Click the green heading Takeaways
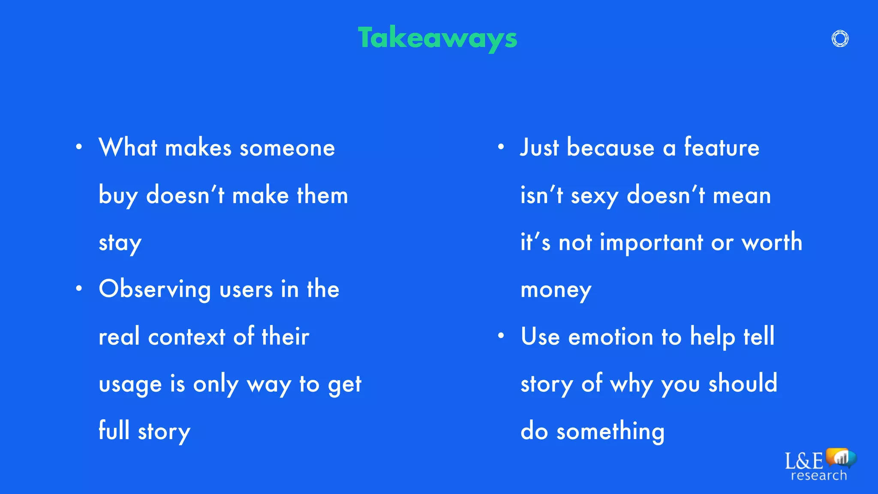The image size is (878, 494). [437, 39]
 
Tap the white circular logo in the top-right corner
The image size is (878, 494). [840, 39]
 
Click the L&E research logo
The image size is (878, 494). [820, 465]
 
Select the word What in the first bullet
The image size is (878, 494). [128, 148]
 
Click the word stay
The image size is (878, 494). [120, 243]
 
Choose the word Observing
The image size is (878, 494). [155, 289]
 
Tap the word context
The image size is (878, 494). [186, 337]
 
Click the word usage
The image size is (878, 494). [130, 385]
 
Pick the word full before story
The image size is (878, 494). [114, 431]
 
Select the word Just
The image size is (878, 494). [539, 148]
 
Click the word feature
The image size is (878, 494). [722, 148]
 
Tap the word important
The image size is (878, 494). [651, 243]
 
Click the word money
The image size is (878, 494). [556, 290]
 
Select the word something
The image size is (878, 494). [610, 431]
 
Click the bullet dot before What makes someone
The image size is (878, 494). [79, 147]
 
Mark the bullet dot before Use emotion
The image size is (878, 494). [501, 336]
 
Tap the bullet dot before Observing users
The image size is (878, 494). [79, 289]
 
